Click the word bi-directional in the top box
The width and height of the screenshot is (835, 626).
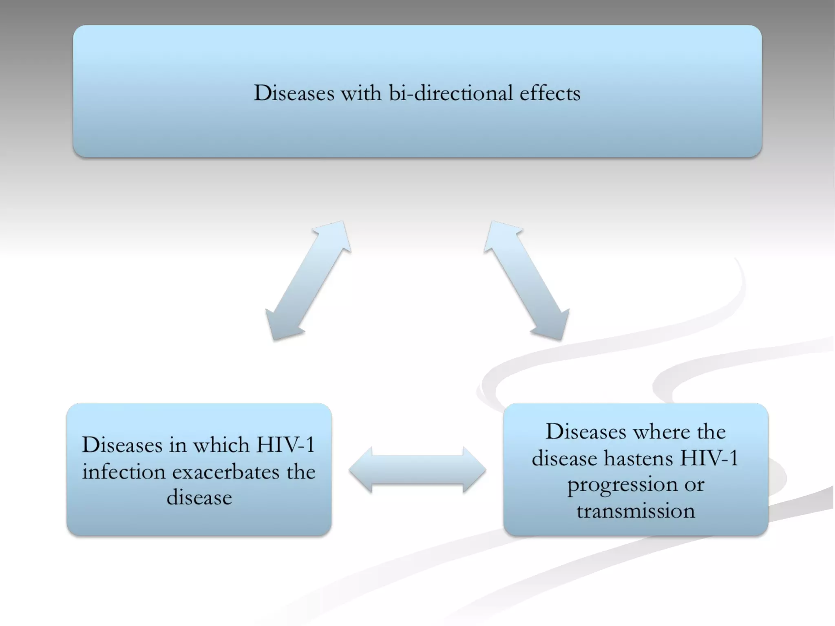[451, 93]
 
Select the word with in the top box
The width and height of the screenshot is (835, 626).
[361, 93]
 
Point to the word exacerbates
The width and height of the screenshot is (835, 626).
[226, 472]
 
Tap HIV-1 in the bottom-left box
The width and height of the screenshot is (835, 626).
[285, 445]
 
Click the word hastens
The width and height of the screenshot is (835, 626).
[638, 458]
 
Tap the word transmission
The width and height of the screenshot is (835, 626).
[636, 511]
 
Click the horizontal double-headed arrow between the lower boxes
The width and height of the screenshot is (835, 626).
[417, 470]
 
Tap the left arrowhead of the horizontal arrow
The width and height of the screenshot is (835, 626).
[361, 470]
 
